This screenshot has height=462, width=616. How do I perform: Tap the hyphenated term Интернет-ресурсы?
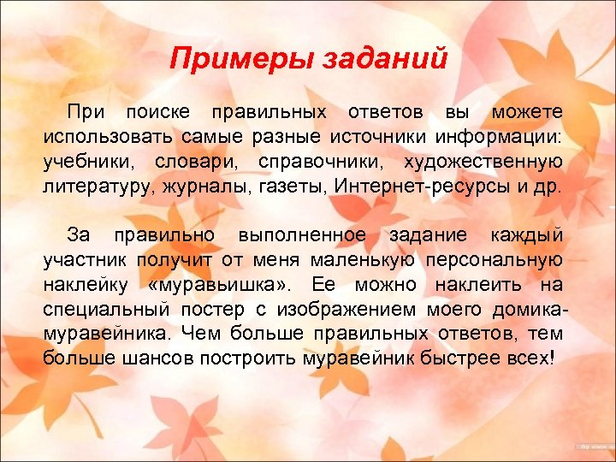tap(420, 187)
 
